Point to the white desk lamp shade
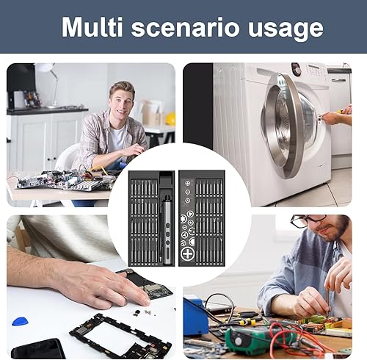coord(46,68)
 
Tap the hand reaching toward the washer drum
coord(333,117)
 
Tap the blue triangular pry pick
coord(23,320)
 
